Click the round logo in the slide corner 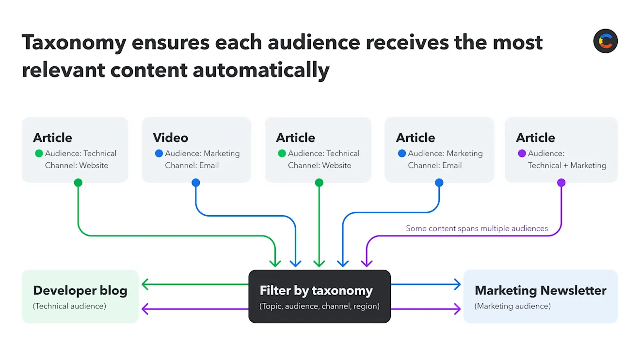click(x=606, y=41)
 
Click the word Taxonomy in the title click(x=74, y=43)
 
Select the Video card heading click(x=171, y=138)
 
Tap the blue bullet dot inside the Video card click(x=159, y=154)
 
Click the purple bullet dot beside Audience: click(x=522, y=154)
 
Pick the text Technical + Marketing click(x=567, y=165)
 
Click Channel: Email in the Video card click(x=192, y=165)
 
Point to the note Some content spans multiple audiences click(x=477, y=228)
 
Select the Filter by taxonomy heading click(x=316, y=291)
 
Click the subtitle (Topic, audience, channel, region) click(x=319, y=306)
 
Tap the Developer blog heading click(x=80, y=291)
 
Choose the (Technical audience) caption click(x=69, y=306)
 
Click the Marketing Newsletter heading click(x=540, y=291)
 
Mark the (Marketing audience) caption click(x=512, y=306)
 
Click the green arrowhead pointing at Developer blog click(x=144, y=284)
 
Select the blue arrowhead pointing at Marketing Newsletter click(x=457, y=284)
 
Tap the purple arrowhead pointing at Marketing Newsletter click(x=457, y=309)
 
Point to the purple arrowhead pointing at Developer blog click(x=144, y=309)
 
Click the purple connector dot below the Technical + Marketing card click(x=561, y=183)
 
